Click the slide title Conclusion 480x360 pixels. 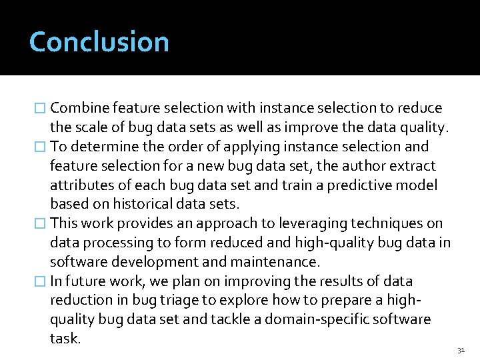click(99, 41)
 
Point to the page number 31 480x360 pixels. click(461, 350)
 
